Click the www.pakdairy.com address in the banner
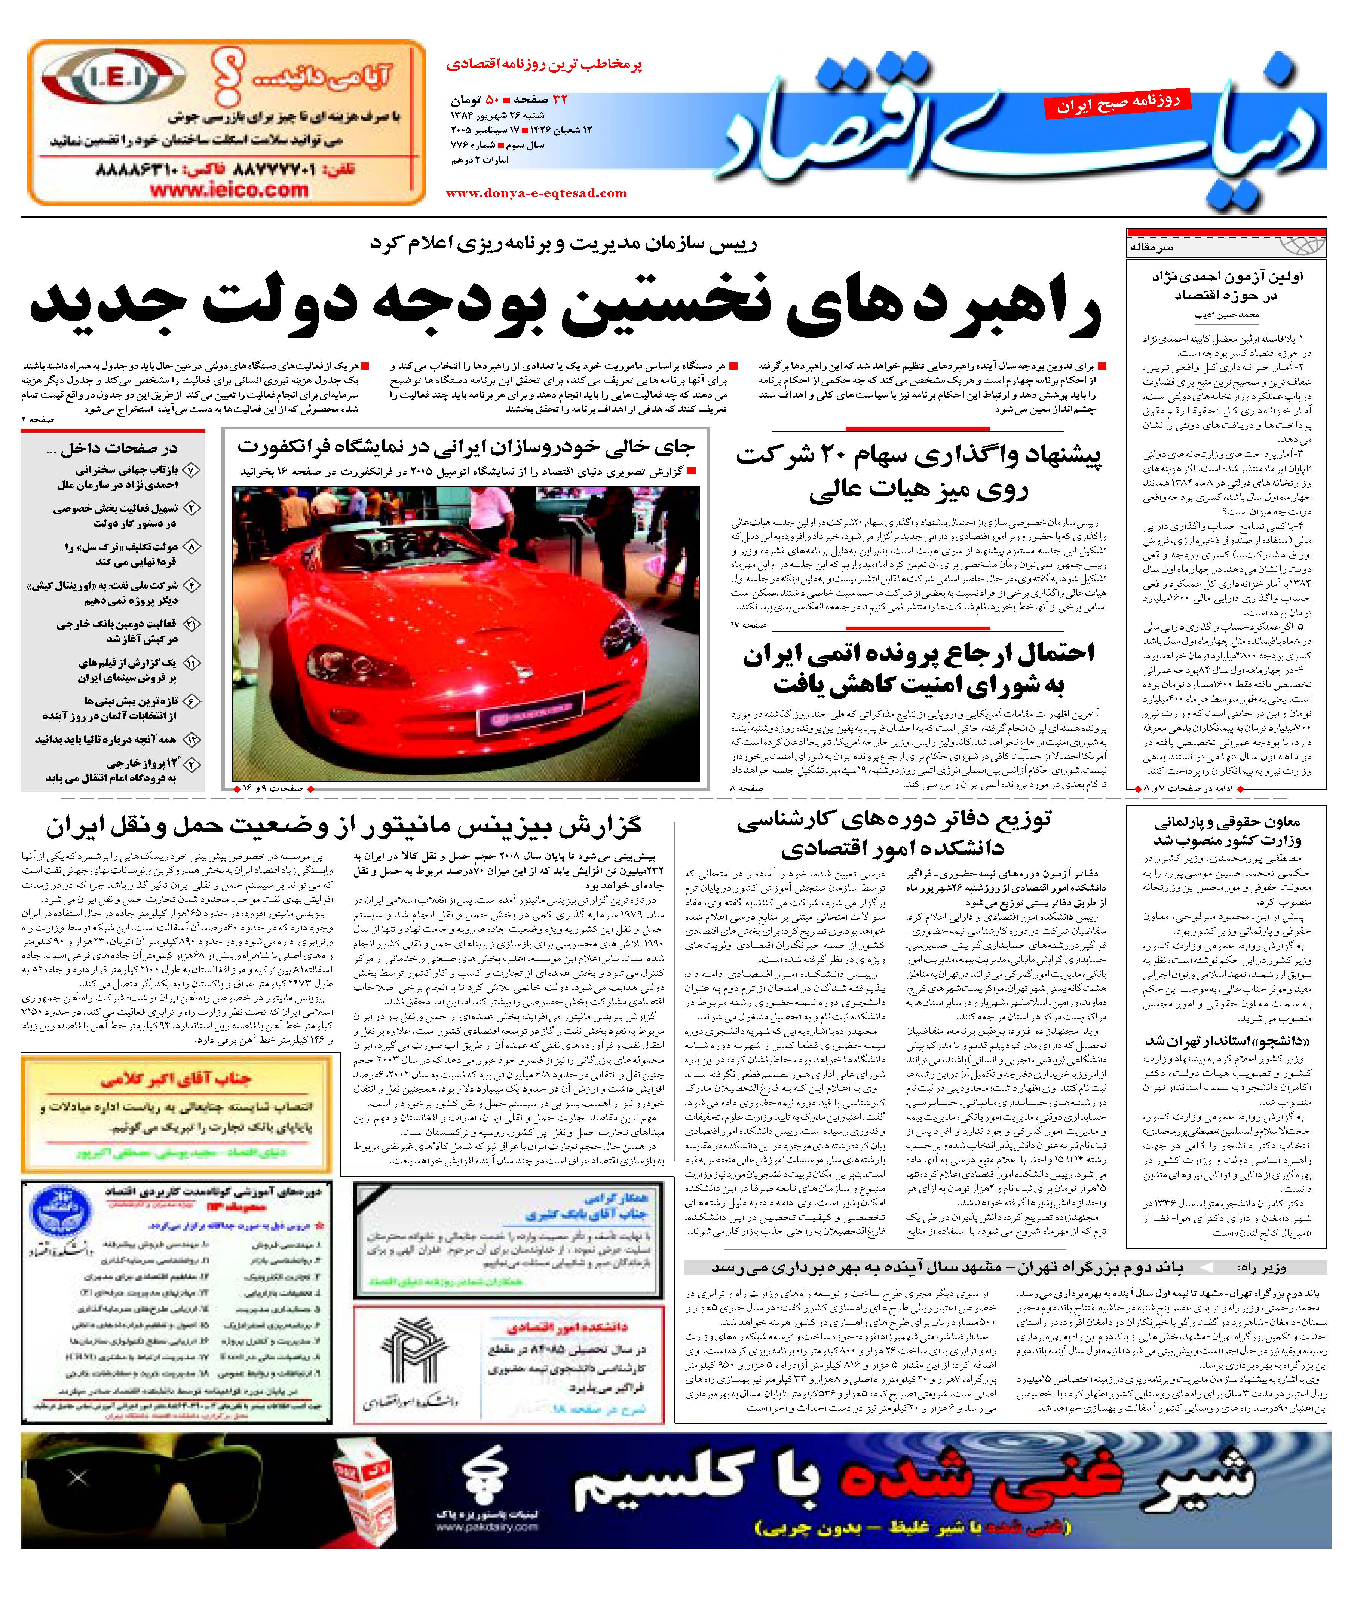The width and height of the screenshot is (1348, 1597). pyautogui.click(x=487, y=1527)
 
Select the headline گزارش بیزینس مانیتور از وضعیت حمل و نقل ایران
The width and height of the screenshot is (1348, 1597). pyautogui.click(x=344, y=827)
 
